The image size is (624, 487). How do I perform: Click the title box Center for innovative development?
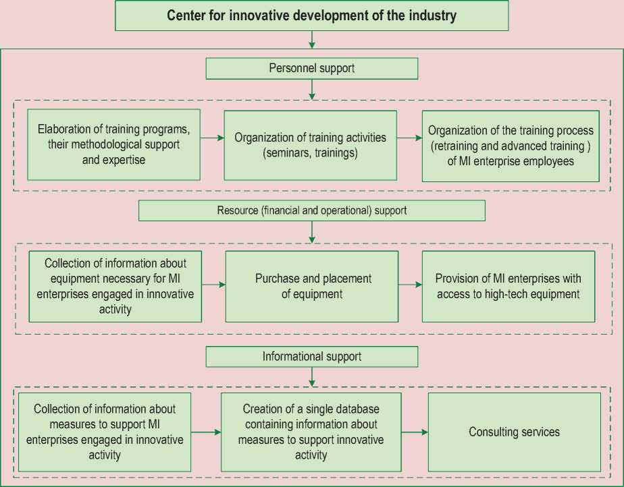click(x=311, y=16)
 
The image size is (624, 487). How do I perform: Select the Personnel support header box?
click(x=311, y=68)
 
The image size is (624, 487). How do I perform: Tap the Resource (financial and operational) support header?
click(x=311, y=210)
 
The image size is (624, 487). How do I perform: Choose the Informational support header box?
click(x=311, y=356)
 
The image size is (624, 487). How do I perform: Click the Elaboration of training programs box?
click(x=113, y=144)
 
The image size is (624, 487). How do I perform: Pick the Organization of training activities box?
click(x=310, y=145)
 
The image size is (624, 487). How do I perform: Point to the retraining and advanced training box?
click(x=511, y=146)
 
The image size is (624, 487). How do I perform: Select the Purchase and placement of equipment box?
click(x=311, y=286)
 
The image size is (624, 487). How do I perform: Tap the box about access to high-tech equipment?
click(x=508, y=286)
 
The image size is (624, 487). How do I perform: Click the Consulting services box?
click(x=514, y=432)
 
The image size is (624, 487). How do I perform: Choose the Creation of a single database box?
click(x=311, y=432)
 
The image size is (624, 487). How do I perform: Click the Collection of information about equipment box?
click(x=115, y=286)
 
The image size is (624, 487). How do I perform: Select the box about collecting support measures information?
click(x=105, y=432)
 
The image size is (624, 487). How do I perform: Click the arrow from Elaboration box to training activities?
click(x=212, y=138)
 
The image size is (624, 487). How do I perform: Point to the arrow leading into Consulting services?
click(x=415, y=432)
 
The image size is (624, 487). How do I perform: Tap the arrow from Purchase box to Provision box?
click(x=410, y=286)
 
